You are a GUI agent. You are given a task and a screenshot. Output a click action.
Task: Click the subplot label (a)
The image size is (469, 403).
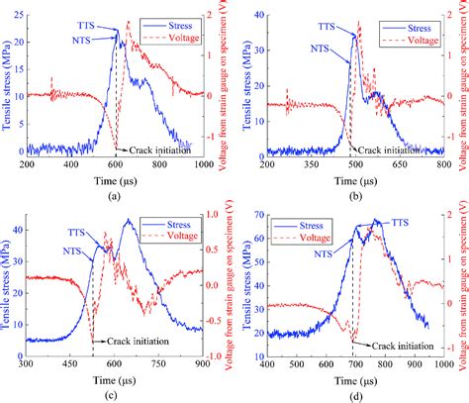(115, 196)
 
